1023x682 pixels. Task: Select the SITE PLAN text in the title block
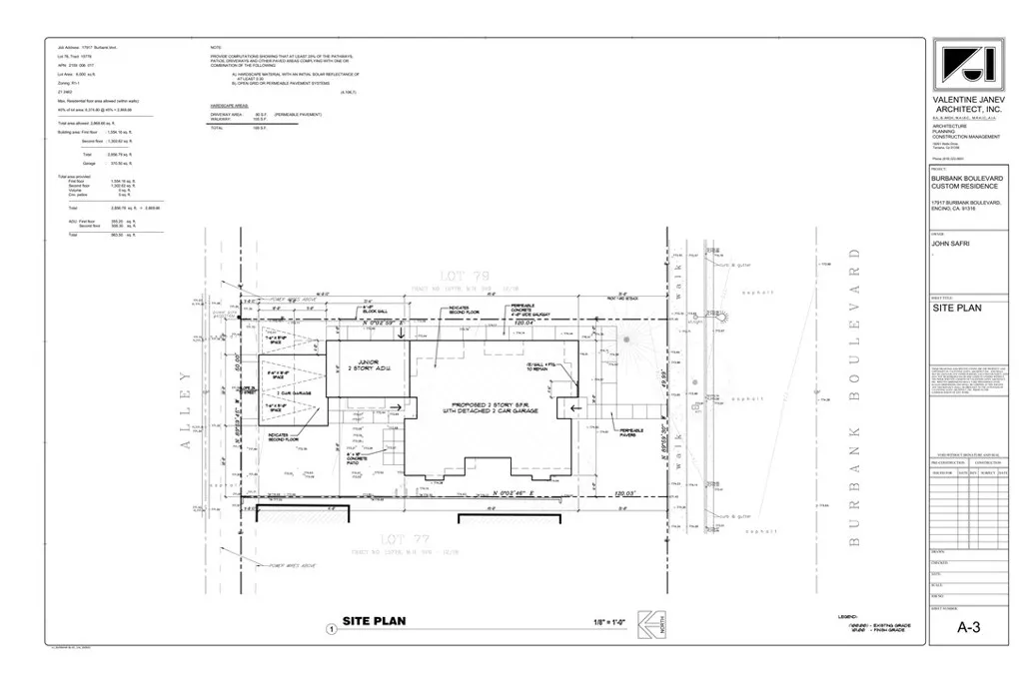pyautogui.click(x=957, y=308)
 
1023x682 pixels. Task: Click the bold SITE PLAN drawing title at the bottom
pyautogui.click(x=374, y=621)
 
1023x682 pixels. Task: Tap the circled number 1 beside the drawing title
pyautogui.click(x=331, y=629)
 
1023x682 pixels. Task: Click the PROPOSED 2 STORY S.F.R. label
pyautogui.click(x=482, y=411)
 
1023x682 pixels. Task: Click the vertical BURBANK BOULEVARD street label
pyautogui.click(x=854, y=405)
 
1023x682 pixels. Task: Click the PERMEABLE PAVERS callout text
pyautogui.click(x=632, y=431)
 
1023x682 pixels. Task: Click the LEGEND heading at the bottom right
pyautogui.click(x=846, y=616)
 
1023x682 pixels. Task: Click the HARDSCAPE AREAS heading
pyautogui.click(x=229, y=105)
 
